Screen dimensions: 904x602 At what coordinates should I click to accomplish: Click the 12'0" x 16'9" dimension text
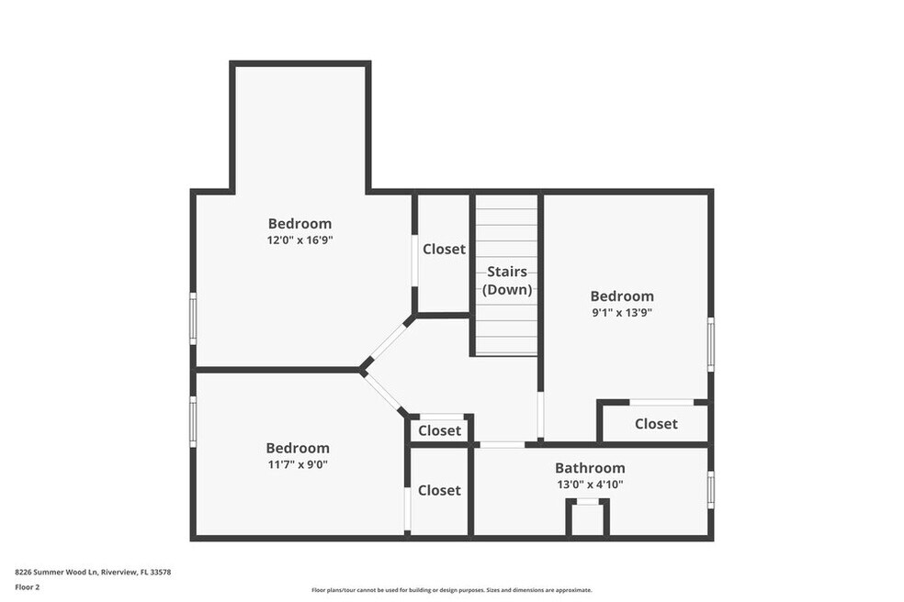pos(299,240)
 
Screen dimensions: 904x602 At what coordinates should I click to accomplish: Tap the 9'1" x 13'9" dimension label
pos(622,313)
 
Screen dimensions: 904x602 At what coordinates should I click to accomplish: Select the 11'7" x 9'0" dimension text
pos(298,464)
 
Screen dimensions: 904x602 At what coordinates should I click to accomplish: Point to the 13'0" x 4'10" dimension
pos(590,485)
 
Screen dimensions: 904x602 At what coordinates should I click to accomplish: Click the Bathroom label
pos(590,468)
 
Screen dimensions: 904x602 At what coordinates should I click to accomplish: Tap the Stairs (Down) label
pos(507,281)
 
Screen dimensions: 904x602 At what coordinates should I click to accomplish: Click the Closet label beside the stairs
pos(444,249)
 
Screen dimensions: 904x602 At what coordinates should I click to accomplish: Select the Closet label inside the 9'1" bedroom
pos(656,424)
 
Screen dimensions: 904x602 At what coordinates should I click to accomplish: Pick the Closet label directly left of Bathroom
pos(439,490)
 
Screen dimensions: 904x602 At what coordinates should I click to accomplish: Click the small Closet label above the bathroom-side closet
pos(439,430)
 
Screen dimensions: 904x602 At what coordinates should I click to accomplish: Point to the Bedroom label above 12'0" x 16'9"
pos(299,224)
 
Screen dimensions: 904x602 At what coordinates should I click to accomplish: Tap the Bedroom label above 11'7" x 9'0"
pos(298,448)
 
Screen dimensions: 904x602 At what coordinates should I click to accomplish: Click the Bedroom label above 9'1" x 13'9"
pos(622,296)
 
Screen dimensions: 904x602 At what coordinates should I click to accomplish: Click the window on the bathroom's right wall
pos(711,490)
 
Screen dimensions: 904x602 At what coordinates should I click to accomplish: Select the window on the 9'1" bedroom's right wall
pos(711,344)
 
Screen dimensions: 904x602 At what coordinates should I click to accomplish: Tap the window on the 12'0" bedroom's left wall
pos(193,318)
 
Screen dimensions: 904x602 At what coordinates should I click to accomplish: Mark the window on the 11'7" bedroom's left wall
pos(193,421)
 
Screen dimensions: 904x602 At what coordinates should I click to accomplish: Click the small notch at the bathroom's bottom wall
pos(587,518)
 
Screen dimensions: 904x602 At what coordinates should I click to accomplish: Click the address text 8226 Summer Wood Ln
pos(57,572)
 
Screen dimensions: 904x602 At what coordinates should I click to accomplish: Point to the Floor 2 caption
pos(27,587)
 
